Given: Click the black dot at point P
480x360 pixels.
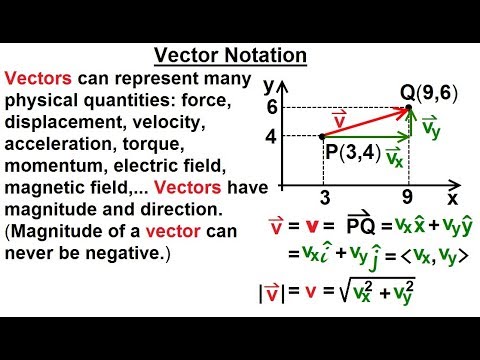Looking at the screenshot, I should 321,135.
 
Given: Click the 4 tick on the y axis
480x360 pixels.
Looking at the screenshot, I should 269,135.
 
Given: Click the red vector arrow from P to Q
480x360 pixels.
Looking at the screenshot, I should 365,121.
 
